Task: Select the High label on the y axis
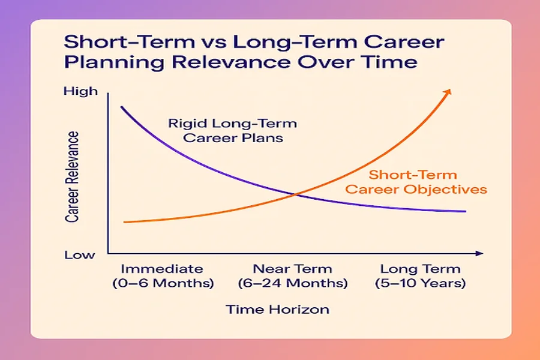point(80,91)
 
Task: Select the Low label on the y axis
point(80,254)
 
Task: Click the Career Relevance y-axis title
point(73,177)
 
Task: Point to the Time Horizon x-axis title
point(277,310)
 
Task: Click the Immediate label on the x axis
point(162,269)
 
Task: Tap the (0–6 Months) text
point(163,283)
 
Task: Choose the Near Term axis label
point(292,269)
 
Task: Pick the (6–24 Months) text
point(292,283)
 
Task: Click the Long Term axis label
point(420,269)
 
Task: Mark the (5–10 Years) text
point(420,283)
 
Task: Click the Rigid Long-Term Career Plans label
point(232,131)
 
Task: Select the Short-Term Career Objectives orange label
point(427,182)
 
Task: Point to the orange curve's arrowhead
point(449,91)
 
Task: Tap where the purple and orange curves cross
point(295,194)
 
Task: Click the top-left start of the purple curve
point(122,107)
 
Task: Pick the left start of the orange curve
point(124,222)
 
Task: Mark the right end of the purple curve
point(466,211)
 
